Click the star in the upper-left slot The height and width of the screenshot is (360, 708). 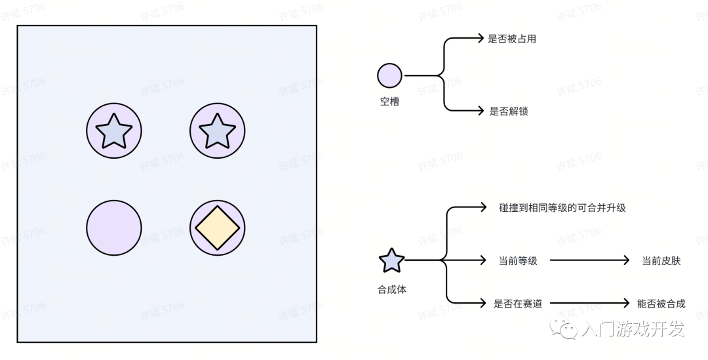point(113,131)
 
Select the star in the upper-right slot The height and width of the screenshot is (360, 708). point(217,131)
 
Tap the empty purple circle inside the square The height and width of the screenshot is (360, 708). point(113,228)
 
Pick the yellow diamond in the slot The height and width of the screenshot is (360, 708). point(217,228)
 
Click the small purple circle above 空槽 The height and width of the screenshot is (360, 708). point(389,75)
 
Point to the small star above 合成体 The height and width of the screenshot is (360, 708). point(391,261)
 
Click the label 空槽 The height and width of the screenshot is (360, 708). point(389,102)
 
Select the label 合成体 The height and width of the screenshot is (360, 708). point(391,289)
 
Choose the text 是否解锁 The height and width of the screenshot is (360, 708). point(509,111)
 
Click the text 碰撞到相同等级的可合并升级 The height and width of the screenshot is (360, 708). point(562,208)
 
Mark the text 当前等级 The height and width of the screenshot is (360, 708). point(518,261)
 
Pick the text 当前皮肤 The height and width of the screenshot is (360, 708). point(661,261)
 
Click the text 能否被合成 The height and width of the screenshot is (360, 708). point(661,304)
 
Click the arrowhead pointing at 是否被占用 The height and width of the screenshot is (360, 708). point(482,39)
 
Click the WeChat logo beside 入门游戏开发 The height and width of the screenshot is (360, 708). point(564,327)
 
